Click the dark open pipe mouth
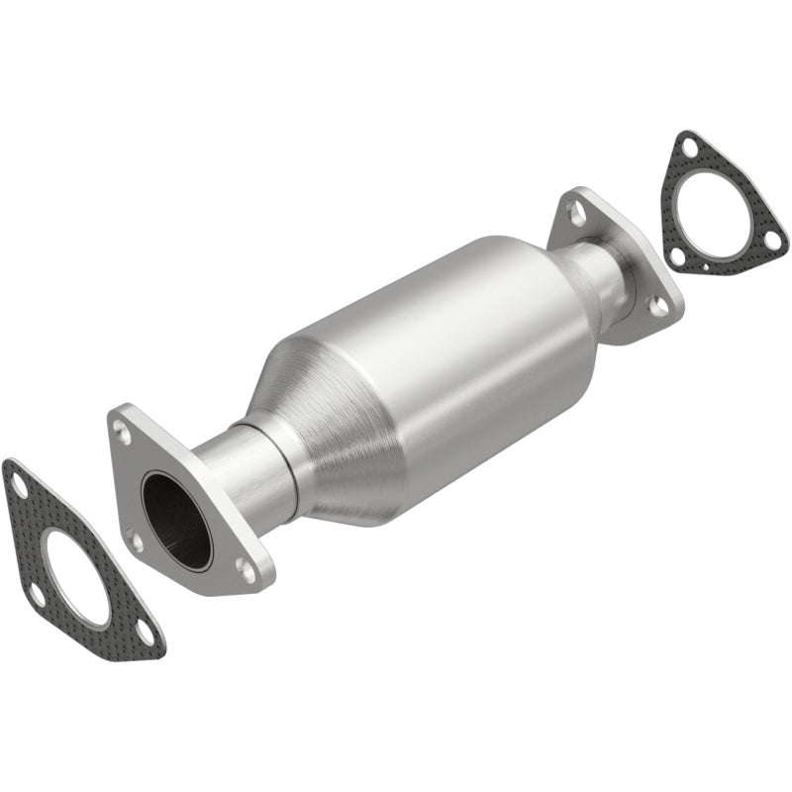tap(176, 520)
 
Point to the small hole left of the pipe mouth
tap(134, 541)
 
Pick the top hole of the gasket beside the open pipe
tap(19, 483)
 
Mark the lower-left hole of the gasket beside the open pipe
tap(37, 594)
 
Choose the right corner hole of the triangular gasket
tap(773, 240)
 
